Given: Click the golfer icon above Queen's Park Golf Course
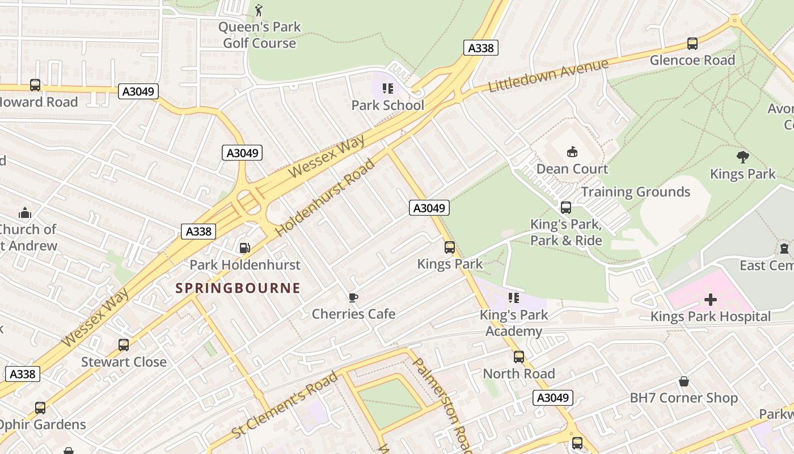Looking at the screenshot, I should tap(259, 10).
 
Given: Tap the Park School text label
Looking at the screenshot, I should tap(387, 105).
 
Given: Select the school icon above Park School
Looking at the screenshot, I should tap(388, 88).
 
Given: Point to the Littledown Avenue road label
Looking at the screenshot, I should tap(548, 75).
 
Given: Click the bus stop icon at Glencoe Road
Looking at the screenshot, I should tap(692, 43).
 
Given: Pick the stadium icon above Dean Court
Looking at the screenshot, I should tap(572, 152).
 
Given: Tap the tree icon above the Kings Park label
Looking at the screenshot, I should tap(742, 157).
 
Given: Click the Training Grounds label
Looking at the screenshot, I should tap(635, 192).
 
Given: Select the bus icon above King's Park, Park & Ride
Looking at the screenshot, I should tap(565, 207).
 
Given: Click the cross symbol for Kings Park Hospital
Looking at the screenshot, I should tap(710, 299).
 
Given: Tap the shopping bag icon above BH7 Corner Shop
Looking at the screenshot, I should tap(684, 381).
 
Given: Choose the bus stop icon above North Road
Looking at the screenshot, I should tap(518, 356).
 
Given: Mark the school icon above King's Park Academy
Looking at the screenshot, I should tap(514, 297).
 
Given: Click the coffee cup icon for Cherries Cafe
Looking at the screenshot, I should tap(353, 297).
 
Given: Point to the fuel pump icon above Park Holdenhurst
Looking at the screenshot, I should tap(244, 247).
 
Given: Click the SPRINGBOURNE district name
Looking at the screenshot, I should tap(238, 288).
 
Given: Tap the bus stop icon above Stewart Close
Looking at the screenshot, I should tap(123, 344).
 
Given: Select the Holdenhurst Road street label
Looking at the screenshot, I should tap(326, 198).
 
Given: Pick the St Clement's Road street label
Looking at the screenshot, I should tap(285, 405).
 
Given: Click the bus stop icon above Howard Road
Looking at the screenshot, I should tap(35, 85).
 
